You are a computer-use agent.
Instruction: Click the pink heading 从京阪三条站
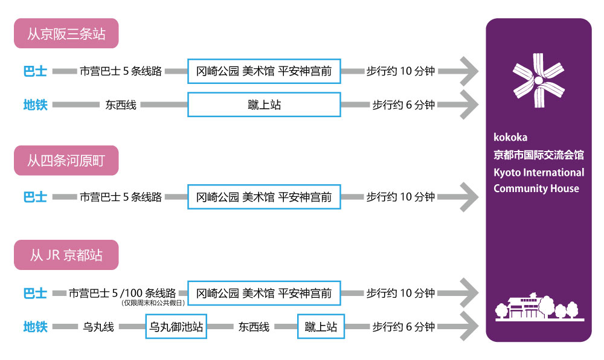66,33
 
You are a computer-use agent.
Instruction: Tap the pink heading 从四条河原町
66,161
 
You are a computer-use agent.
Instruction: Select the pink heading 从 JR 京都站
66,255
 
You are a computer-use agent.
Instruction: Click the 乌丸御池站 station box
176,327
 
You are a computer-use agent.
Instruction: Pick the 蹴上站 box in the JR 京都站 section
321,327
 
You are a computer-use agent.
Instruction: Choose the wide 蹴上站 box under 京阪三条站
265,104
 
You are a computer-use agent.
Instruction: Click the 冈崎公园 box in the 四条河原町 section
265,197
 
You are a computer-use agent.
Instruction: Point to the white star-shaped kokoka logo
539,80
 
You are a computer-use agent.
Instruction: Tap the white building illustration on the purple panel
539,306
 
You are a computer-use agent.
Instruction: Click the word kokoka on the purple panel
510,138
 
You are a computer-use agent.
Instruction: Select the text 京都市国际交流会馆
539,155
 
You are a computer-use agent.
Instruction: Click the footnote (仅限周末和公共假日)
153,303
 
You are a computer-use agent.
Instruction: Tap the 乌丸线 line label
98,327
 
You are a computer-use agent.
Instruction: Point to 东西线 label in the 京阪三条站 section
121,104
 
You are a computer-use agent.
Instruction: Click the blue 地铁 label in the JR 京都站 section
35,327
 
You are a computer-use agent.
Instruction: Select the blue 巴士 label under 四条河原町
35,197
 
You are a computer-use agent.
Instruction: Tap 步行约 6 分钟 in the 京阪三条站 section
403,104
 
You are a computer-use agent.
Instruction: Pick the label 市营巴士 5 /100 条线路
122,293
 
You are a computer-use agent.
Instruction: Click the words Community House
536,188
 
